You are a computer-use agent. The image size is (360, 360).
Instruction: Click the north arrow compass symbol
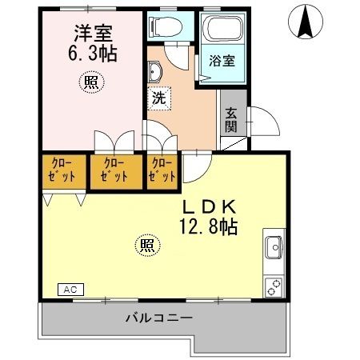306,22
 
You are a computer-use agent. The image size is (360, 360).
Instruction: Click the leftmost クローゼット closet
62,170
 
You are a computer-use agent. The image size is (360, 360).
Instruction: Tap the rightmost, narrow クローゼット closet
162,170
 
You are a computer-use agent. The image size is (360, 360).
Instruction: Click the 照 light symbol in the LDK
146,245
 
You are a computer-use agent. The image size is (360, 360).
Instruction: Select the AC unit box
69,288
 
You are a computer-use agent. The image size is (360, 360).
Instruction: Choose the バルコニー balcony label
158,318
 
